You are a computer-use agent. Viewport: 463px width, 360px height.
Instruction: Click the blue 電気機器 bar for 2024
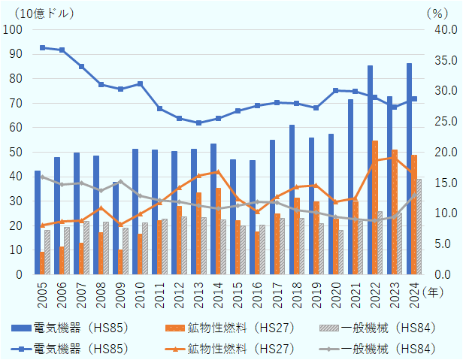(x=410, y=169)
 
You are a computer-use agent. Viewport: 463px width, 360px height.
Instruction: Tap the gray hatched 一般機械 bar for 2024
(x=418, y=227)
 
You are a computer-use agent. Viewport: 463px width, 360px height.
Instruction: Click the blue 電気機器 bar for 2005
(x=38, y=223)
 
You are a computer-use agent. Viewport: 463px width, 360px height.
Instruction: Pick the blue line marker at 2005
(x=43, y=47)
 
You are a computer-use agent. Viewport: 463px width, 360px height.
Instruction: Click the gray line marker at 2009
(x=121, y=182)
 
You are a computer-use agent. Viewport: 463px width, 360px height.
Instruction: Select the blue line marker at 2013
(x=199, y=123)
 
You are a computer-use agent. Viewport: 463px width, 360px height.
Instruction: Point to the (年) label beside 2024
(x=434, y=291)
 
